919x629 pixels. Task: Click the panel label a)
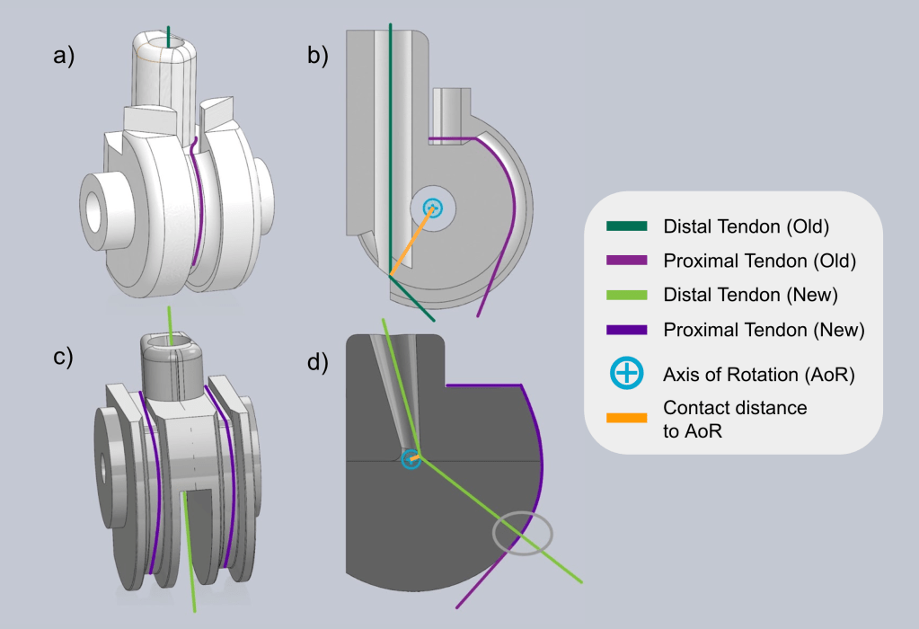(x=64, y=58)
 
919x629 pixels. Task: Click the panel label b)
(x=318, y=58)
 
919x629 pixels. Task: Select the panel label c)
(x=64, y=357)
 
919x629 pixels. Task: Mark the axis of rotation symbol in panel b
(x=433, y=208)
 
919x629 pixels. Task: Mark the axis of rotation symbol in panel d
(x=411, y=459)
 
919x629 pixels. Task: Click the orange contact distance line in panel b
(x=411, y=241)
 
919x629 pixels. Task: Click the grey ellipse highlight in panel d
(x=523, y=533)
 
